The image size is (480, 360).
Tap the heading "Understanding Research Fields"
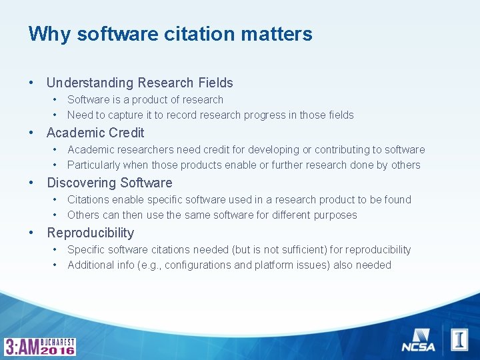139,83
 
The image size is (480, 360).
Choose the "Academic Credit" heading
95,133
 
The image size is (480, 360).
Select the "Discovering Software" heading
109,183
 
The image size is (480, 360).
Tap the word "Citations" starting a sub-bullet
88,200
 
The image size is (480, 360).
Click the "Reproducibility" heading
90,233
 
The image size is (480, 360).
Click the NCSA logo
418,340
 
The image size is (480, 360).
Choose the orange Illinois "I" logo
459,339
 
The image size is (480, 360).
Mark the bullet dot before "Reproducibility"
31,233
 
